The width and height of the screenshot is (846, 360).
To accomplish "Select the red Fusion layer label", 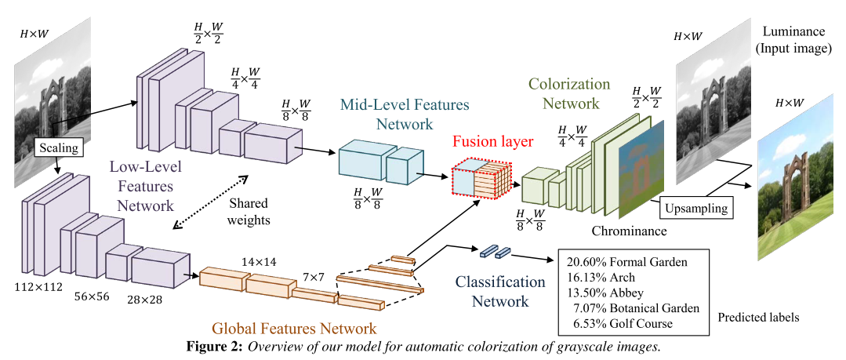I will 493,142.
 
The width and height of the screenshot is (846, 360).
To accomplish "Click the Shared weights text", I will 249,211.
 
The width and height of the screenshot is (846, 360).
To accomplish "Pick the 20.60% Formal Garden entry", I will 626,261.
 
